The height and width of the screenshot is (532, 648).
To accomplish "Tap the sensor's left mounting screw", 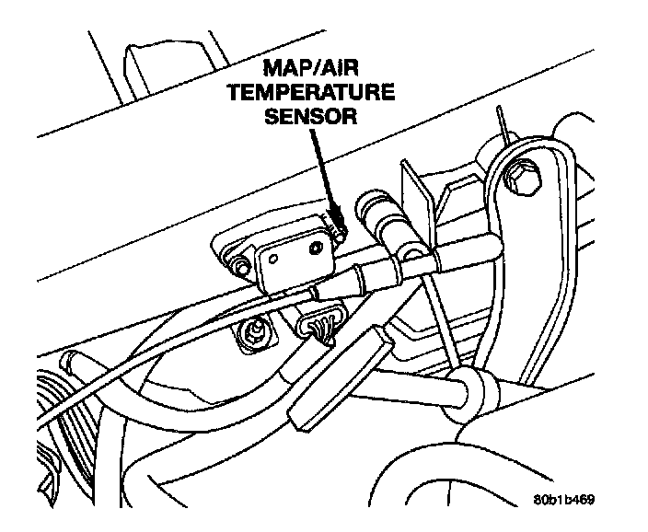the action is click(x=241, y=268).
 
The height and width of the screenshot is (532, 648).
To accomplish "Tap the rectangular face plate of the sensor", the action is click(x=293, y=258).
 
